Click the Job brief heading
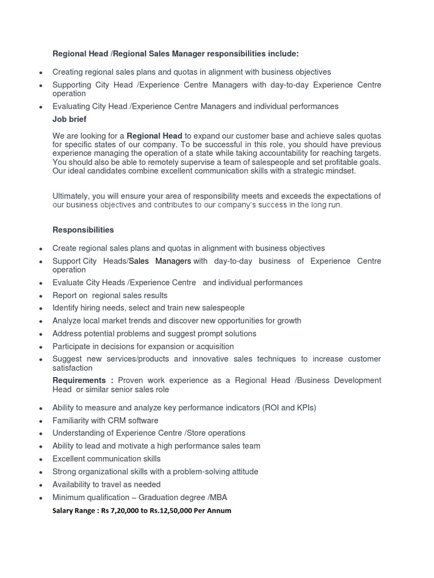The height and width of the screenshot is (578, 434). point(70,120)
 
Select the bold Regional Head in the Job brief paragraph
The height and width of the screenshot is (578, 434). point(154,136)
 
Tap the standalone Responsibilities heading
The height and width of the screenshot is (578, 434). point(83,230)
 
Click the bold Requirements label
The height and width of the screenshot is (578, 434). point(79,380)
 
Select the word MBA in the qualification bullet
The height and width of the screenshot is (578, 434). point(218,497)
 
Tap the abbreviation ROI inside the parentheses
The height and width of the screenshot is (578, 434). point(267,408)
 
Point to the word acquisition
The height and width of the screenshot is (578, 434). point(210,347)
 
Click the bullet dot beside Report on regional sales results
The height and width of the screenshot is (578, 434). point(41,296)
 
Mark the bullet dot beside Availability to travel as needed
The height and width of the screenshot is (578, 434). point(41,485)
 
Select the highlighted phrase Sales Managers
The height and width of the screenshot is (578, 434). point(160,261)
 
